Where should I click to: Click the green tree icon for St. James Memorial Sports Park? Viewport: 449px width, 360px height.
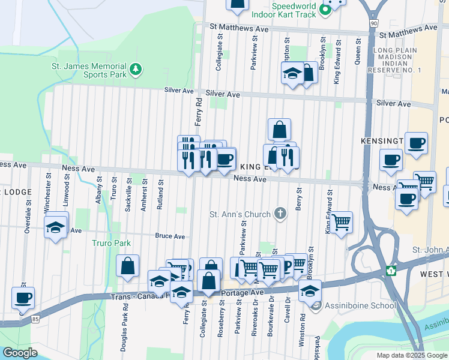pyautogui.click(x=136, y=70)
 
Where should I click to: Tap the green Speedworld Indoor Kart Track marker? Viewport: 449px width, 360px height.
pyautogui.click(x=325, y=10)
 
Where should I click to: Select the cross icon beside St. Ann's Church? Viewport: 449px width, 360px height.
pyautogui.click(x=280, y=213)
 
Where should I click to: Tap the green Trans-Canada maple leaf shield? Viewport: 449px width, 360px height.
pyautogui.click(x=391, y=271)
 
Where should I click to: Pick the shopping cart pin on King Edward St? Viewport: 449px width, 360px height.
pyautogui.click(x=341, y=222)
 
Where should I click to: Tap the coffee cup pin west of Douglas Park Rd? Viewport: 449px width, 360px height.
pyautogui.click(x=23, y=298)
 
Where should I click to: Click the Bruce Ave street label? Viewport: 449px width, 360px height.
pyautogui.click(x=170, y=236)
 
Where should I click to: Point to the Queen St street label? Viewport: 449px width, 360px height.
pyautogui.click(x=358, y=52)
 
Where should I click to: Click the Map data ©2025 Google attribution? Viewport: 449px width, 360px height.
pyautogui.click(x=412, y=355)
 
